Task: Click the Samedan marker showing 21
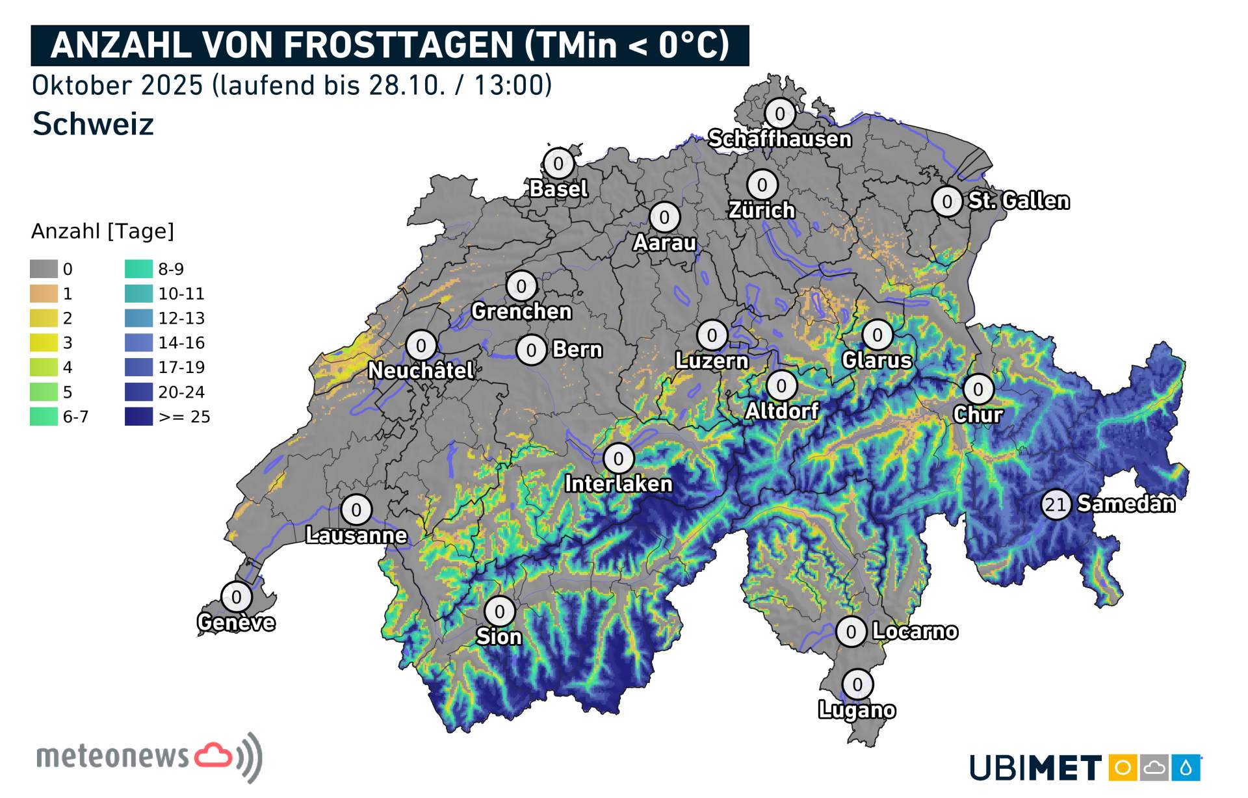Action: (x=1056, y=504)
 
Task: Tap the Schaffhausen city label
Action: (x=779, y=139)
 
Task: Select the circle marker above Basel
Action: (x=558, y=163)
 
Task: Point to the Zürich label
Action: (x=762, y=211)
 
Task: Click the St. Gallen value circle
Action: (x=947, y=201)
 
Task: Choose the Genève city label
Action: (x=236, y=623)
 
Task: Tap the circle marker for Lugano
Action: (x=857, y=684)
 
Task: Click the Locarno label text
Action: (x=915, y=631)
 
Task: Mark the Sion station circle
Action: (x=499, y=611)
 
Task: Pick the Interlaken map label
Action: (x=618, y=484)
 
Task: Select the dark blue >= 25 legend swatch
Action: (x=138, y=417)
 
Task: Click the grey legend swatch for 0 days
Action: (x=44, y=269)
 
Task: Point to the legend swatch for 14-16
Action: (x=138, y=342)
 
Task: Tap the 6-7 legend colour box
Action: (x=44, y=417)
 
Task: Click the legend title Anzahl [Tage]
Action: (x=103, y=231)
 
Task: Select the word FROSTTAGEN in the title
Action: (x=400, y=45)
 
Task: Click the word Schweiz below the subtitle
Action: (x=93, y=123)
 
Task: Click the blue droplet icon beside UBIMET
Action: (x=1186, y=768)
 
